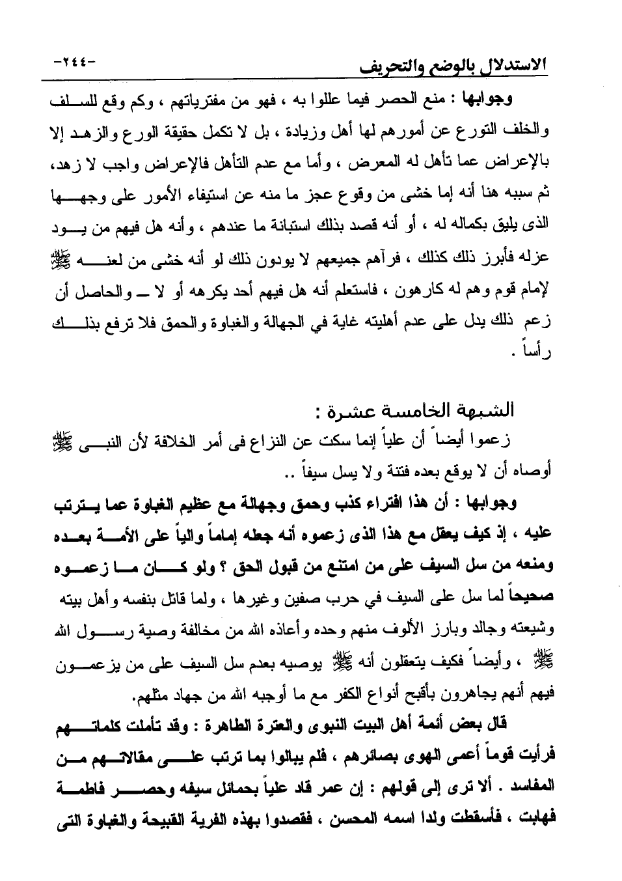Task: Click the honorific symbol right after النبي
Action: (x=537, y=441)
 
